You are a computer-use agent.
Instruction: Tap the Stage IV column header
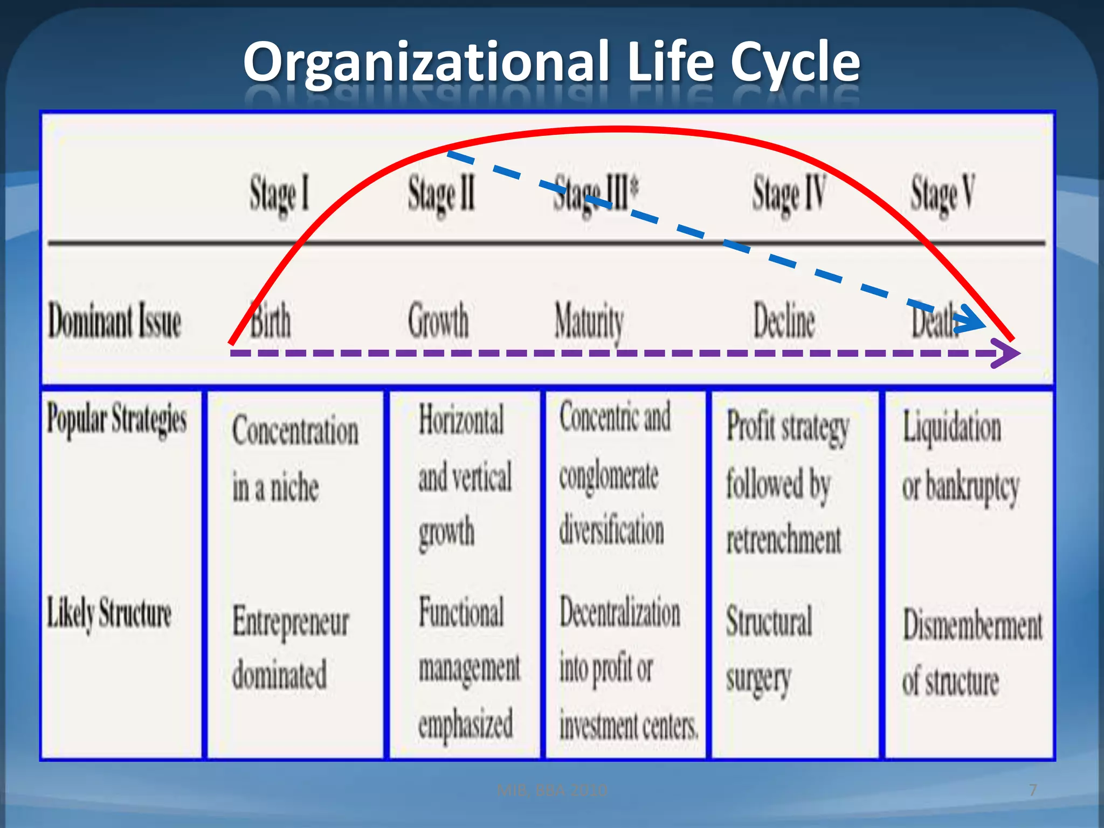(x=789, y=194)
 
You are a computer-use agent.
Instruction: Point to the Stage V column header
(x=942, y=194)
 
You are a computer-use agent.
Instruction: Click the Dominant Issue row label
(x=114, y=321)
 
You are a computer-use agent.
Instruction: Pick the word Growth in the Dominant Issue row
(x=438, y=321)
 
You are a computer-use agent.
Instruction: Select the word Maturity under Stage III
(x=589, y=322)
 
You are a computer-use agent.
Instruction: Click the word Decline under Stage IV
(x=784, y=321)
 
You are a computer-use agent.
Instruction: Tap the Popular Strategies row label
(x=116, y=419)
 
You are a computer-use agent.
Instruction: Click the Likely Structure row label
(x=109, y=613)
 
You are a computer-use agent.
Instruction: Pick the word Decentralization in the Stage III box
(x=620, y=613)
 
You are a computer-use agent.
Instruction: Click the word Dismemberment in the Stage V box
(x=972, y=626)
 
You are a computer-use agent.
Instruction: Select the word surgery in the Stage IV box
(x=758, y=679)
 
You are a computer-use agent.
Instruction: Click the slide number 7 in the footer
(x=1033, y=790)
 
